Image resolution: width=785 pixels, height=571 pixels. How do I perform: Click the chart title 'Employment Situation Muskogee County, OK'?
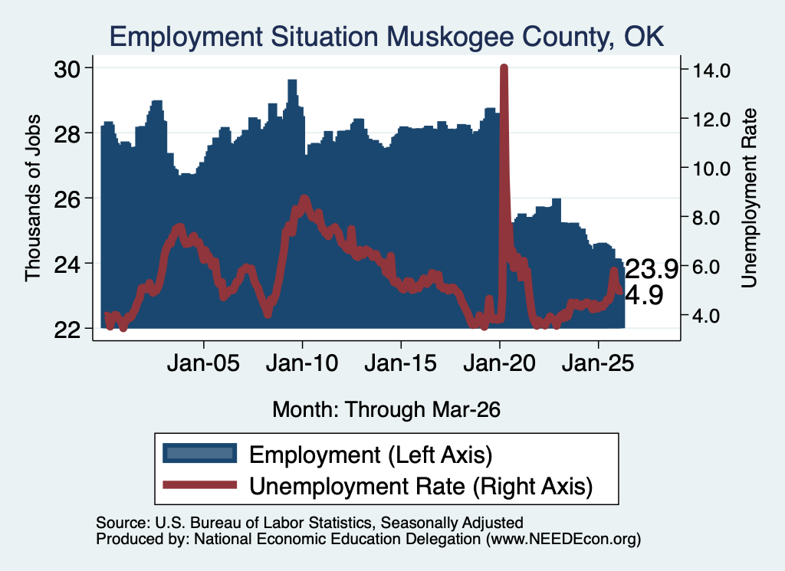click(386, 38)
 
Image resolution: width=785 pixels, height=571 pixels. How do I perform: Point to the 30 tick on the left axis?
click(67, 69)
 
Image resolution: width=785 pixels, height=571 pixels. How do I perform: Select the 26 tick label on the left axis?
click(67, 199)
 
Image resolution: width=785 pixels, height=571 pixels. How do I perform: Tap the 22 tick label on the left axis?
click(67, 330)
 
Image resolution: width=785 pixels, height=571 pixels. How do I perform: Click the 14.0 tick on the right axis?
click(711, 70)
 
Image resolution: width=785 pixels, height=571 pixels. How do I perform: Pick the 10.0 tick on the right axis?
click(711, 168)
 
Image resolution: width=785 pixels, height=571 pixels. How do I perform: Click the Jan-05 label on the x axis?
click(203, 363)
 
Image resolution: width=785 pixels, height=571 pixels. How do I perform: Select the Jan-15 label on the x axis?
click(400, 363)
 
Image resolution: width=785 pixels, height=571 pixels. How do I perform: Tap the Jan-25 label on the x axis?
click(598, 363)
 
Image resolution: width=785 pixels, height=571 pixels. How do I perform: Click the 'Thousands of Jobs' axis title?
click(32, 198)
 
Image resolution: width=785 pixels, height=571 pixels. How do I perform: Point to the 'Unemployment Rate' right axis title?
click(748, 198)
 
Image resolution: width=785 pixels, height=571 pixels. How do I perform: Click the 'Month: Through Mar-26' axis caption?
click(386, 409)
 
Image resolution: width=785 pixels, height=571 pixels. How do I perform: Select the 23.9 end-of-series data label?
click(652, 269)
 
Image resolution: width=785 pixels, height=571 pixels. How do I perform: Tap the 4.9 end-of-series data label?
click(644, 295)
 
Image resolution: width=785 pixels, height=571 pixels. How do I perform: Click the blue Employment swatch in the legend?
click(200, 454)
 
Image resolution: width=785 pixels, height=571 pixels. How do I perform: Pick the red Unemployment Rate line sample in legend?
click(200, 484)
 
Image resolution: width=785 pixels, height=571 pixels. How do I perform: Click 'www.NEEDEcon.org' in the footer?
click(563, 539)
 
